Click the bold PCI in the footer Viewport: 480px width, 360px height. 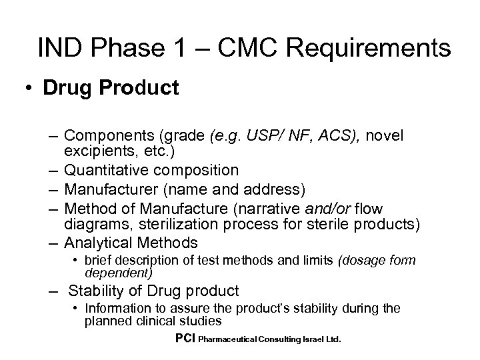pyautogui.click(x=184, y=339)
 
